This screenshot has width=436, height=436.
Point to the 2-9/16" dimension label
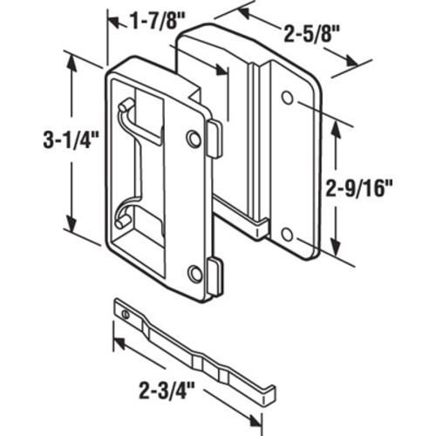click(x=359, y=188)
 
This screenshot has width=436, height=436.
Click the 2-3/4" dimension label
click(x=167, y=391)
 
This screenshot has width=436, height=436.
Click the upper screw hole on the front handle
click(x=194, y=139)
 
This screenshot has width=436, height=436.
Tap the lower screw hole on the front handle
click(x=195, y=274)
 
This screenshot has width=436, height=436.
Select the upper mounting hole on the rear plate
click(x=288, y=98)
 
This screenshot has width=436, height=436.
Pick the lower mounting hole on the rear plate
click(x=288, y=235)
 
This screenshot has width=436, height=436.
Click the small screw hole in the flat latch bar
click(x=126, y=314)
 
